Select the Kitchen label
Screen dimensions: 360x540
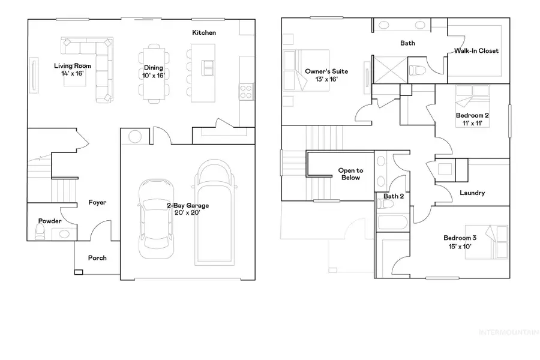pyautogui.click(x=203, y=32)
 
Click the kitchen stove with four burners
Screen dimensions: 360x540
pyautogui.click(x=246, y=92)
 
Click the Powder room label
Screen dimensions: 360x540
pyautogui.click(x=50, y=221)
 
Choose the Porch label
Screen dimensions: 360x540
pyautogui.click(x=97, y=258)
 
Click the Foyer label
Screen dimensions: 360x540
pyautogui.click(x=97, y=202)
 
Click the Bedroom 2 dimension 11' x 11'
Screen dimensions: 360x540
pyautogui.click(x=469, y=122)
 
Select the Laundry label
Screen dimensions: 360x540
pyautogui.click(x=472, y=193)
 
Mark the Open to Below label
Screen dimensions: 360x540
pyautogui.click(x=351, y=174)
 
